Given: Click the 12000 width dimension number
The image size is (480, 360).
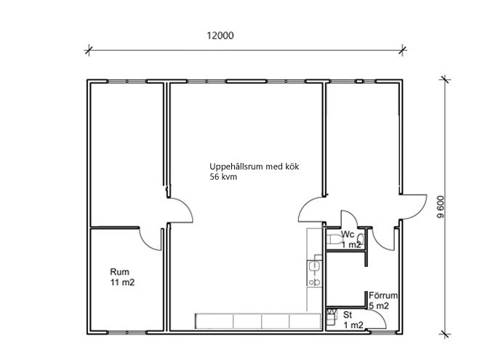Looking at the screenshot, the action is tap(220, 36).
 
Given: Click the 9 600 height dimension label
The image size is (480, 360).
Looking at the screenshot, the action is tap(441, 207).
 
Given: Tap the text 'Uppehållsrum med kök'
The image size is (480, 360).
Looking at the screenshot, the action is tap(254, 167).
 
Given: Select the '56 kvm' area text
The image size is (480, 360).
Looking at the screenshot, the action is tap(223, 177).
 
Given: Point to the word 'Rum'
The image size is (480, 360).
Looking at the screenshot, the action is tap(120, 271).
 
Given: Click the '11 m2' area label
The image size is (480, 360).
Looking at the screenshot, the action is tap(122, 282).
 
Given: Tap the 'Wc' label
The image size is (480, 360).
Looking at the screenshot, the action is tap(348, 234).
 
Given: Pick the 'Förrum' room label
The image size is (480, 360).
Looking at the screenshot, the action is tap(383, 295).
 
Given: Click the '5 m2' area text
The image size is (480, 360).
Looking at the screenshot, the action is tap(379, 305).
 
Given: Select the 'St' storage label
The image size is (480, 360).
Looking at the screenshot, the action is tap(348, 314).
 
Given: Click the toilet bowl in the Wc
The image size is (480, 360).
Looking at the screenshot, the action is tap(335, 239).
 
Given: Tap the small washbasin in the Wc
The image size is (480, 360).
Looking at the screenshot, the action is tap(361, 239).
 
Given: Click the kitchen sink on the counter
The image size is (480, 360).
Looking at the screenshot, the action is tap(314, 266).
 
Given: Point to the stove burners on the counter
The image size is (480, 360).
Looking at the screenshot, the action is tap(314, 282).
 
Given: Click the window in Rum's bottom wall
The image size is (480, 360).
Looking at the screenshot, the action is tap(127, 332).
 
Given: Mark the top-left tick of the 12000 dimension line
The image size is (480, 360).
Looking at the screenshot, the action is tap(89, 50).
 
